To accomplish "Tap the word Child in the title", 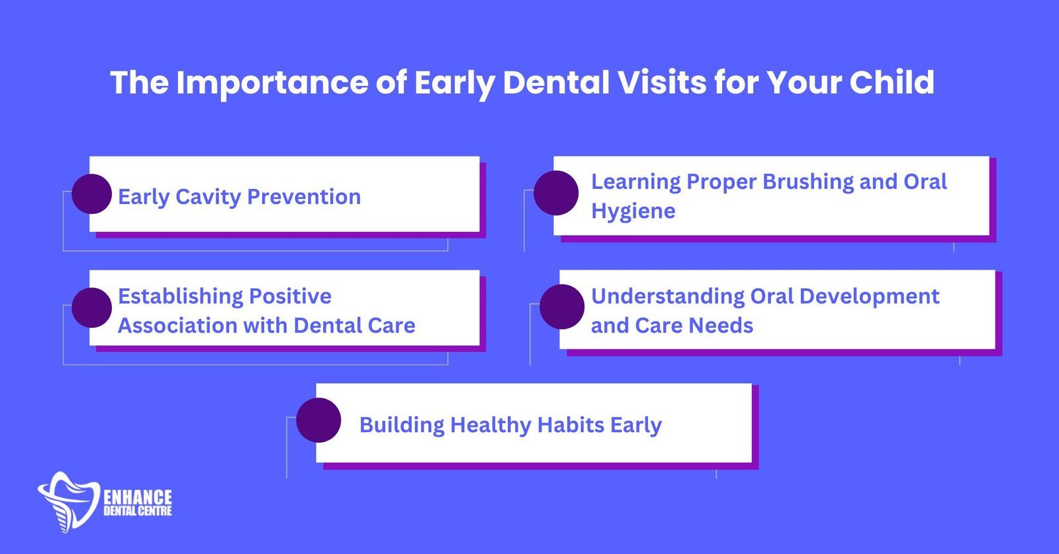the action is click(x=892, y=82).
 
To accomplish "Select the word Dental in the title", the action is click(x=556, y=82).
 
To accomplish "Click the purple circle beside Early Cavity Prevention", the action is click(x=92, y=194).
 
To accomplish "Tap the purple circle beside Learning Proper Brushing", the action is click(x=556, y=193).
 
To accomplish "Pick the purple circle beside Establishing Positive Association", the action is click(x=92, y=307).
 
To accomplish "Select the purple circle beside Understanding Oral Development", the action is click(x=562, y=306).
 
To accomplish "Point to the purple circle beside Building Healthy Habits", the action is click(x=318, y=420).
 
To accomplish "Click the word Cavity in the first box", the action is click(x=208, y=197).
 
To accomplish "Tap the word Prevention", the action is click(x=304, y=196).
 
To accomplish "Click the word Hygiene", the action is click(x=633, y=211).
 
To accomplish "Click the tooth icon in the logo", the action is click(x=69, y=502).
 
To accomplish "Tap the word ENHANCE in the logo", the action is click(x=138, y=497).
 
